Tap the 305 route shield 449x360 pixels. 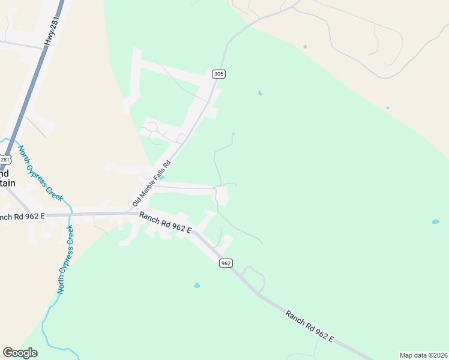point(218,74)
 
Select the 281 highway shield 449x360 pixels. point(4,160)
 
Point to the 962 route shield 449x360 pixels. point(225,263)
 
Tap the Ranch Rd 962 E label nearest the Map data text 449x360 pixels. point(309,326)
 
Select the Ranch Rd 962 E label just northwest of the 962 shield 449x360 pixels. point(165,222)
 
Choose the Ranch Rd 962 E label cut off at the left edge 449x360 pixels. point(23,216)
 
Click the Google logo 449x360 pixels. point(20,353)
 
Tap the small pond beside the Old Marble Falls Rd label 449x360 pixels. point(163,177)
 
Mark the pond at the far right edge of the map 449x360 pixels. point(435,222)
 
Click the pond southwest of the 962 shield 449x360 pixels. point(197,286)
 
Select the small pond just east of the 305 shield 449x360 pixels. point(259,93)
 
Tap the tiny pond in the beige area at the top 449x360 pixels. point(305,46)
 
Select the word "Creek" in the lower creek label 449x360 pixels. point(70,239)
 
